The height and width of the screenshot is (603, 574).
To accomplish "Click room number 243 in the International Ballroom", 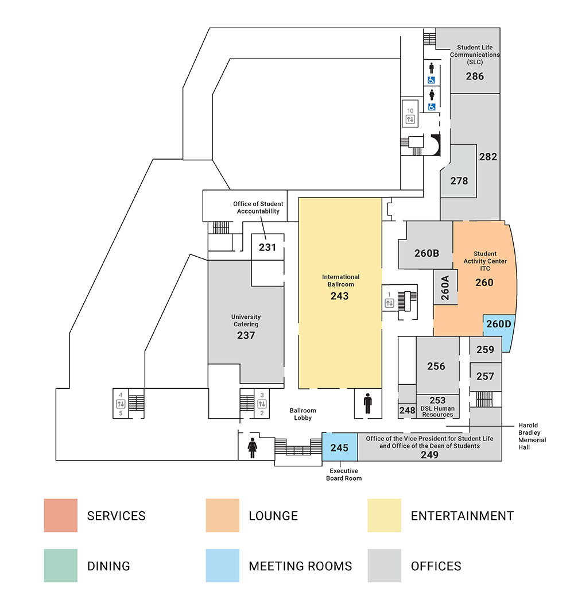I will pos(339,296).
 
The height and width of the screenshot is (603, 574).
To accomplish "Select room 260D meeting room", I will pos(498,324).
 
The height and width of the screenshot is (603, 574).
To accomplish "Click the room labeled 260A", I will pos(445,288).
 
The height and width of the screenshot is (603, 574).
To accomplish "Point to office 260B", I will pos(426,253).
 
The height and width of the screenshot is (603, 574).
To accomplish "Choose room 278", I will pos(459,180).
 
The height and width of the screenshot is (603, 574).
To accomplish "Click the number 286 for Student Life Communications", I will pos(475,76).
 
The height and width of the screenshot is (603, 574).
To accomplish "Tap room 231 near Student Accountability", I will pos(267,248).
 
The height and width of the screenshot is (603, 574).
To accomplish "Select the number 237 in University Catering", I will pos(246,335).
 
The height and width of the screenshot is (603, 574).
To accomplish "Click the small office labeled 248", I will pos(407,410).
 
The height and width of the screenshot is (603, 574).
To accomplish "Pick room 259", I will pos(485,349).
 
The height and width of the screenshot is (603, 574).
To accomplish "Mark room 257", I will pos(485,376).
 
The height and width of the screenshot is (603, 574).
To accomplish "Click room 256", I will pos(436,366).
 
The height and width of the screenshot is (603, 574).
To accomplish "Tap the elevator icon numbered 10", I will pos(410,119).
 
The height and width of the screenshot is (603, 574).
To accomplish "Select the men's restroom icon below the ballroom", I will pos(367,404).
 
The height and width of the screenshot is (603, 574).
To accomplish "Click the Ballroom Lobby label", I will pos(302,414).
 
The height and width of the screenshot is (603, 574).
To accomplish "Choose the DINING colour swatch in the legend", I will pos(60,566).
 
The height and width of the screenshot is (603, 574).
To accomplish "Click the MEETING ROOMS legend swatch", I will pos(222,566).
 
